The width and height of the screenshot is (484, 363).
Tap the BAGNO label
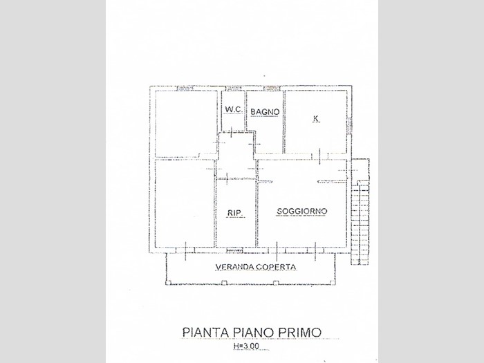coord(265,111)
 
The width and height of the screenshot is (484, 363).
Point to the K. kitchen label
coord(316,119)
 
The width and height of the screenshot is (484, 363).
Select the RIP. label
coord(234,212)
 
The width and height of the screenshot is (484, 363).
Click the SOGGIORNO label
coord(301,211)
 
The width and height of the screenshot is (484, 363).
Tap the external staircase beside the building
coord(360,214)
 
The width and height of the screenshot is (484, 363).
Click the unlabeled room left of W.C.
coord(185,123)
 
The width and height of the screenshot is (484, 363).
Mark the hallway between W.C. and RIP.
coord(235,156)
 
